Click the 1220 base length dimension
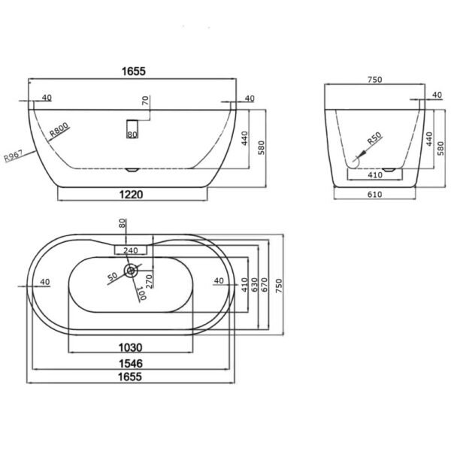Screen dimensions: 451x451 point(131,195)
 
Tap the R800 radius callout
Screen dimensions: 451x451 point(59,129)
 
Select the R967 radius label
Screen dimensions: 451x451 point(14,156)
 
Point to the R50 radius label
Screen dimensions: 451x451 point(374,138)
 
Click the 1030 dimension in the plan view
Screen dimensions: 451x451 point(131,348)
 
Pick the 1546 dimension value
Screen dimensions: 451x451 point(131,364)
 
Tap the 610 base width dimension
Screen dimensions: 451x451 point(375,195)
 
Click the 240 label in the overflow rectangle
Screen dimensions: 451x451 point(131,250)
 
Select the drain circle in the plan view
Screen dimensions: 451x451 point(131,271)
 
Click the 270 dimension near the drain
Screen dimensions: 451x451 point(149,281)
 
